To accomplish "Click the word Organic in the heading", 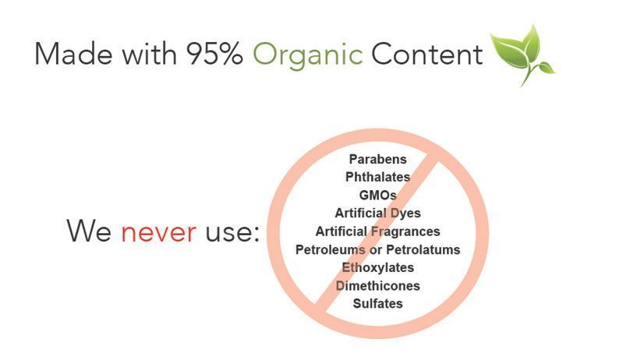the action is tap(307, 55).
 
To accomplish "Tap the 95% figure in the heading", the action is tap(214, 54).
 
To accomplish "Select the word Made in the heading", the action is tap(73, 53).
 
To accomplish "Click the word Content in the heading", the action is tap(427, 54).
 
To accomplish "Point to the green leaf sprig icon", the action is tap(522, 54).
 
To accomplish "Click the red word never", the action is tap(158, 232).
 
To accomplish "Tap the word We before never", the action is tap(89, 230).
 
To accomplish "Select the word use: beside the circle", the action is tap(232, 232).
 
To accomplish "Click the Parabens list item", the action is tap(378, 159).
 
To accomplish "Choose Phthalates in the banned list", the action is tap(378, 177).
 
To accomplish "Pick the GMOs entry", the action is tap(378, 196).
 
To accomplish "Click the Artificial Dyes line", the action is tap(378, 214).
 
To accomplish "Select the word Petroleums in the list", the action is tap(331, 249).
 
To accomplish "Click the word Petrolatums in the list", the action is tap(423, 249).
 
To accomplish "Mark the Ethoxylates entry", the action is tap(378, 267).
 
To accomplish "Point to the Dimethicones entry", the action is tap(378, 286).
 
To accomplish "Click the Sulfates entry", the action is tap(378, 304).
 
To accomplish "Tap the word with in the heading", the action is tap(150, 53).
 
